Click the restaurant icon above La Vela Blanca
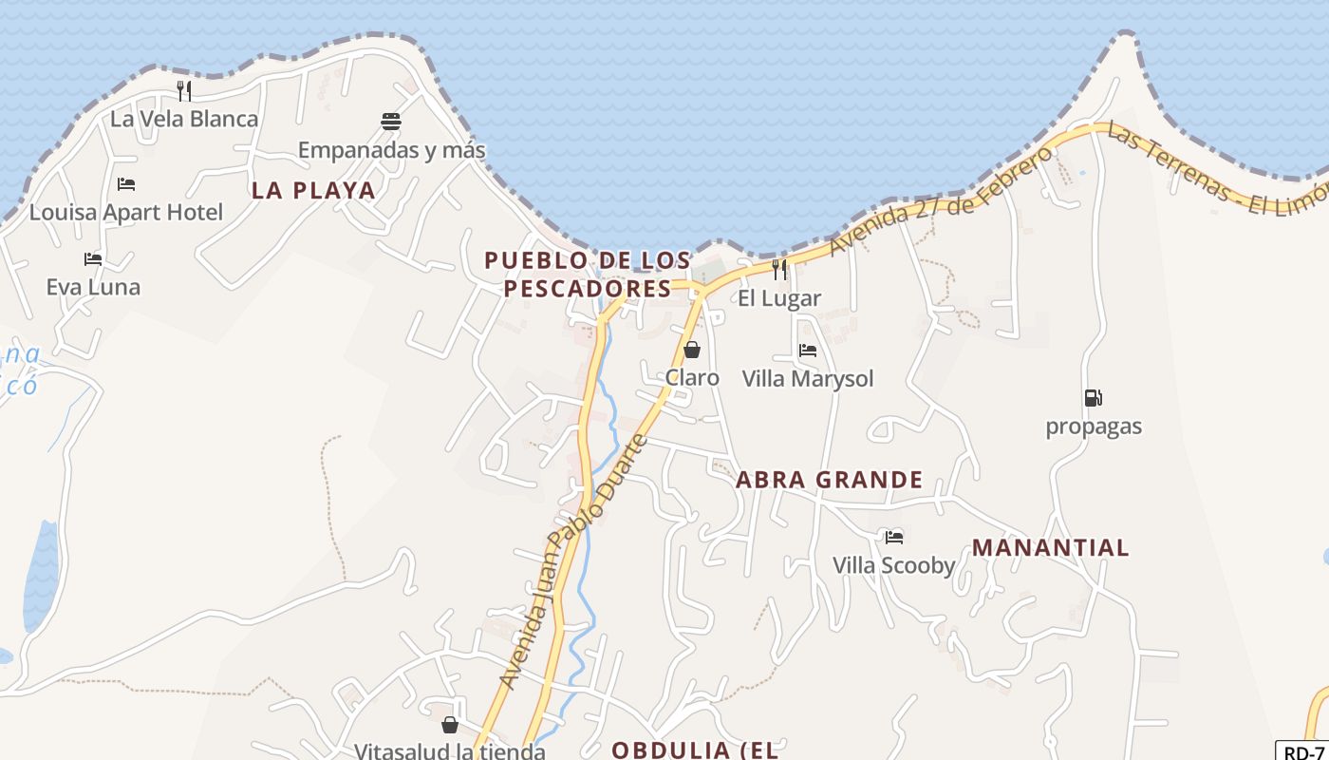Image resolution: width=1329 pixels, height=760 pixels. tap(184, 91)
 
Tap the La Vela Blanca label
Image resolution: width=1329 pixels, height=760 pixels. tap(184, 119)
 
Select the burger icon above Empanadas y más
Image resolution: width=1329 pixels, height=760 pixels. tap(391, 122)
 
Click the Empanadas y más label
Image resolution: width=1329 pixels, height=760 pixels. tap(391, 150)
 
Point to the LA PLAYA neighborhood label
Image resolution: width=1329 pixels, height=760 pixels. tap(313, 190)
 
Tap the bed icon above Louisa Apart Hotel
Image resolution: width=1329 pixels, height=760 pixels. tap(126, 184)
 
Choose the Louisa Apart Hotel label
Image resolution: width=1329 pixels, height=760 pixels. tap(126, 212)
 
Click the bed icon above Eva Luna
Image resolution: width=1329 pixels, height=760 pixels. tap(93, 258)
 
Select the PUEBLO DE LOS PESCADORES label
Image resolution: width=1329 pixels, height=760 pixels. tap(588, 274)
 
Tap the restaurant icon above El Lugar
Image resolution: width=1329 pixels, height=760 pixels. tap(779, 270)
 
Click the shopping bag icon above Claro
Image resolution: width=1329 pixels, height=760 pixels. tap(692, 350)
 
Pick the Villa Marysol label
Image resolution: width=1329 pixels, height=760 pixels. tap(807, 379)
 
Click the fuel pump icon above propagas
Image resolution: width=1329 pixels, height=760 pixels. tap(1094, 398)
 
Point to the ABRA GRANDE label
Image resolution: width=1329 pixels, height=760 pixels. tap(829, 480)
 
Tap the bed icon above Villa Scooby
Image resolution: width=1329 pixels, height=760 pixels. tap(893, 537)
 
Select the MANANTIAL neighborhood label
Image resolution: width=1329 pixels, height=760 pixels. tap(1051, 547)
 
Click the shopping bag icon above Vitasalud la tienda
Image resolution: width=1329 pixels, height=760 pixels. tap(450, 725)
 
